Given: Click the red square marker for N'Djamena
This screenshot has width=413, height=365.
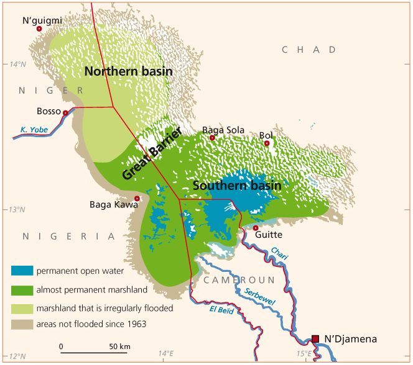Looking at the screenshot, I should pos(315,338).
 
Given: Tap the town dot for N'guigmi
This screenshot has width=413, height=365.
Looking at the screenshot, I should pos(39,29).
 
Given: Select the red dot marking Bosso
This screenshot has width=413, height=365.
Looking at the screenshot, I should pos(65,112).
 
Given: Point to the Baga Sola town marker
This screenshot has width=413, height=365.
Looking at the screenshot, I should pos(212,138).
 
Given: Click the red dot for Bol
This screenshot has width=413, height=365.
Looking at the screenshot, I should pos(267,143).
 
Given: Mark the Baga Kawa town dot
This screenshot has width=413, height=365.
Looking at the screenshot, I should pos(137,199).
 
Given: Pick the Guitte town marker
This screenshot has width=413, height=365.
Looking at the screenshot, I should pos(256,228).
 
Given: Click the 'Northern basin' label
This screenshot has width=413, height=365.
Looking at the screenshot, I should pos(128,71).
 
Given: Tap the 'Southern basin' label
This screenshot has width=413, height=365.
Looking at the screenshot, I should pos(237,186).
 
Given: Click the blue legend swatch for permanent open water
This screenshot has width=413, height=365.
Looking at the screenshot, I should pos(22,271).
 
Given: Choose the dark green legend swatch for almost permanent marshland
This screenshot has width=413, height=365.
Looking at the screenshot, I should pos(22,289).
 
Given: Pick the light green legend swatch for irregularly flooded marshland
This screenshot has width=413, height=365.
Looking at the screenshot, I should pos(22,307).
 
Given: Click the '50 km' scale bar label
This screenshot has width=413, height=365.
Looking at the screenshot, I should pos(119,346).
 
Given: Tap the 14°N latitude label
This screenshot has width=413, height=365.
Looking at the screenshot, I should pos(17,63).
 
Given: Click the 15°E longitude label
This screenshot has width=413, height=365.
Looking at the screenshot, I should pos(304,353).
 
